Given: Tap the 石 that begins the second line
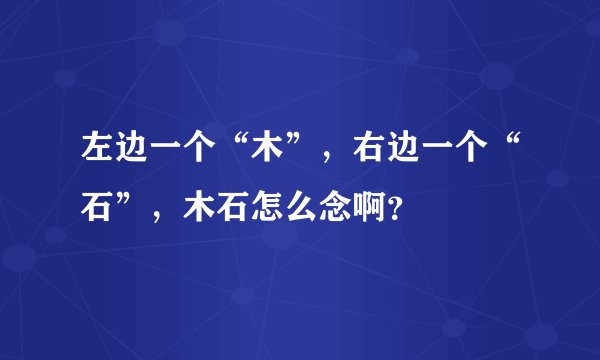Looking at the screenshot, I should point(96,207).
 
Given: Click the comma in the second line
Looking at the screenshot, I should point(158,217).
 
